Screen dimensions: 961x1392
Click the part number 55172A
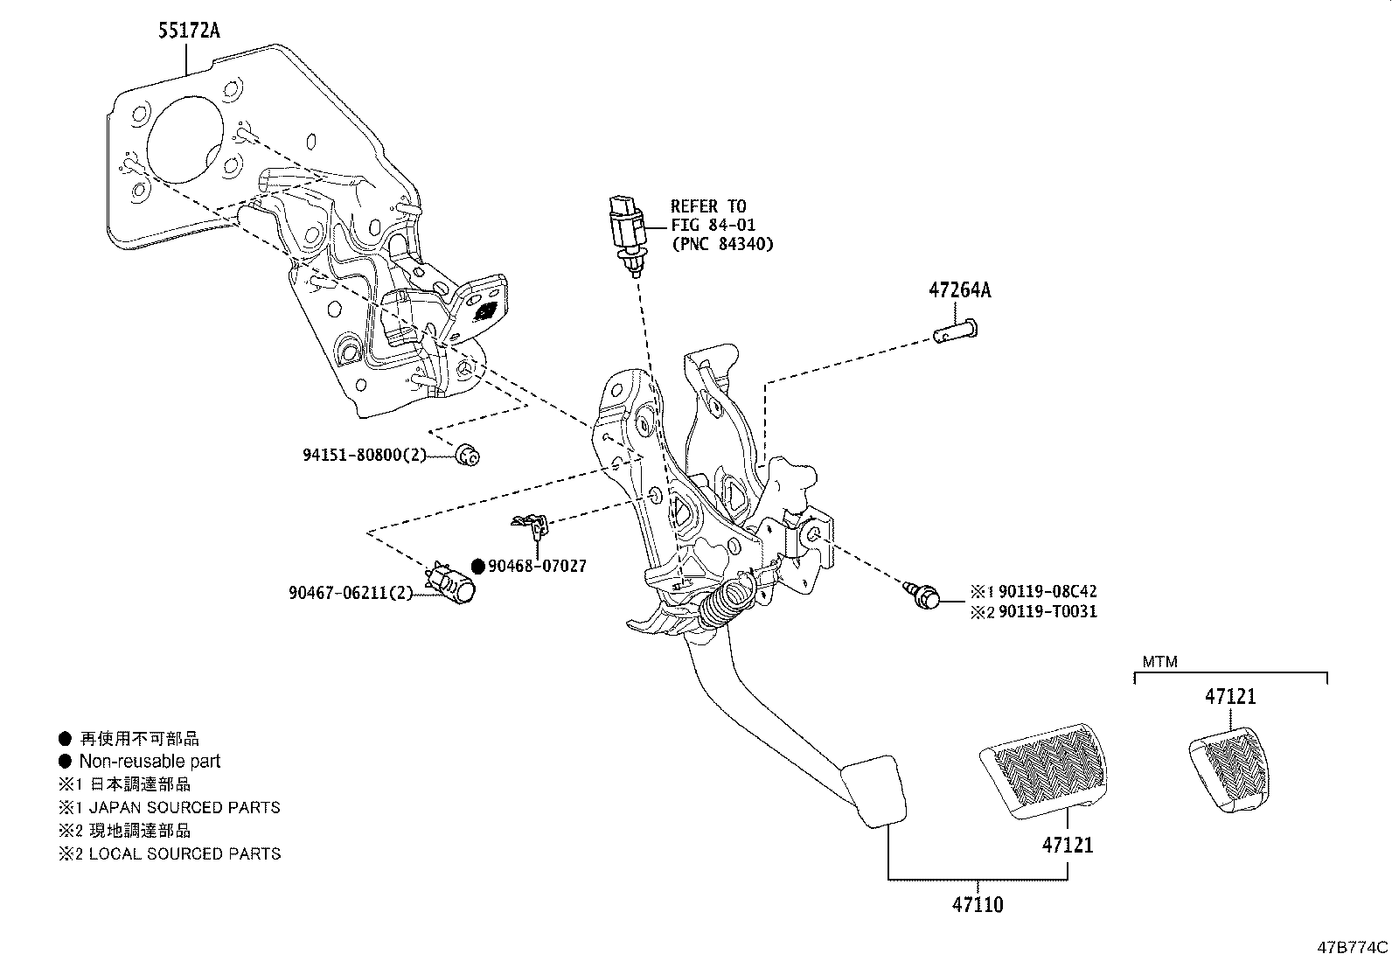[x=188, y=32]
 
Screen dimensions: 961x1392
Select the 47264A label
[x=959, y=290]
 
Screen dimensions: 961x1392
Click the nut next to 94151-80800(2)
[x=470, y=454]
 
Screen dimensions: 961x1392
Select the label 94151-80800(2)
[x=364, y=455]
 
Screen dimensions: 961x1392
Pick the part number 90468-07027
[x=537, y=566]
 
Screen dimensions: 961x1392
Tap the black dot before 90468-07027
[x=477, y=566]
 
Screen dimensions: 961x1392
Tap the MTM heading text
[x=1159, y=662]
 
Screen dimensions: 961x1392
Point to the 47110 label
[x=978, y=904]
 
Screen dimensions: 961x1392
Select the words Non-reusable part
[x=150, y=762]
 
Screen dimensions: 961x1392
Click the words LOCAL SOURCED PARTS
[x=184, y=853]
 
